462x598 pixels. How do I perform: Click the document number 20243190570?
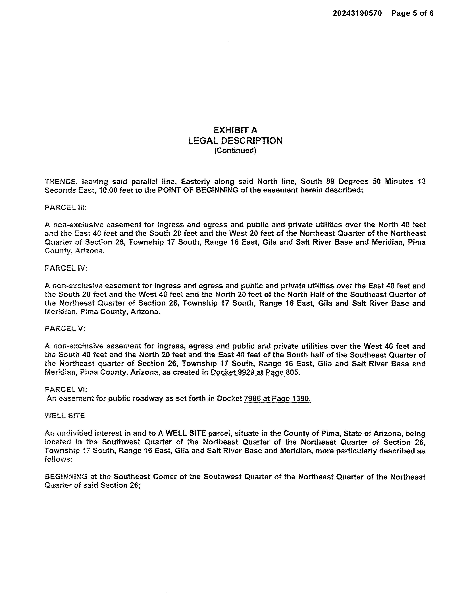tap(357, 13)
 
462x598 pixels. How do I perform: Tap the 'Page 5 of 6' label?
tap(412, 13)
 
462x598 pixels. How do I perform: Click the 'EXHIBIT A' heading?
tap(235, 130)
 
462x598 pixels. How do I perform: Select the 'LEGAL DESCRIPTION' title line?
tap(235, 141)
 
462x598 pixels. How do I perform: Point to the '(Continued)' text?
tap(235, 151)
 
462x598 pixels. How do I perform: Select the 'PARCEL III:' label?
tap(65, 207)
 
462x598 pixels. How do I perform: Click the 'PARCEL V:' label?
tap(65, 328)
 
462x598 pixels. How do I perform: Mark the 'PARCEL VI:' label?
tap(66, 389)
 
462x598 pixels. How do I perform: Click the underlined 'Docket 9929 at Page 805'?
tap(254, 372)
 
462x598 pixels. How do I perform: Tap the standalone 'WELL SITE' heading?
tap(65, 416)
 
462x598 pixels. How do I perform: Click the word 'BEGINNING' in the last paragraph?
tap(66, 477)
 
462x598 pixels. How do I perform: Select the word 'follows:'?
tap(59, 459)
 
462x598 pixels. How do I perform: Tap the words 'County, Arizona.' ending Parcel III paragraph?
tap(74, 251)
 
